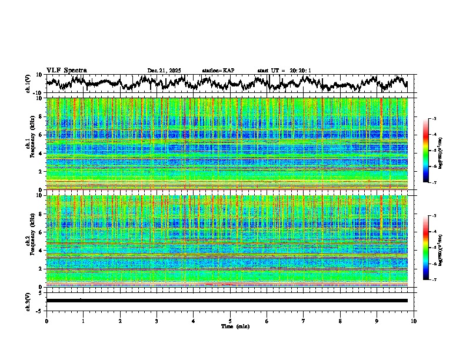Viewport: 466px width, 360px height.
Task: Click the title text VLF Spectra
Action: (x=66, y=71)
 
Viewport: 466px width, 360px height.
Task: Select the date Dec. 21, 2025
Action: (x=164, y=71)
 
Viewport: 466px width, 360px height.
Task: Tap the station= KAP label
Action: (x=218, y=71)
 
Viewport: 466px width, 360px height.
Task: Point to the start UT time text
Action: (x=284, y=71)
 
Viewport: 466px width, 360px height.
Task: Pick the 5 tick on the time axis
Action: (x=231, y=321)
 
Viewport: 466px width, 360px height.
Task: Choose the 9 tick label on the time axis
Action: (x=377, y=321)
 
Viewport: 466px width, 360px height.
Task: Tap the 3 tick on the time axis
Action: (x=157, y=321)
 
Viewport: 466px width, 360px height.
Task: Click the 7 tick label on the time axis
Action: (x=304, y=321)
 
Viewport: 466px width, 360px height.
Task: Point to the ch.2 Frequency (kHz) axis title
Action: (x=30, y=240)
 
